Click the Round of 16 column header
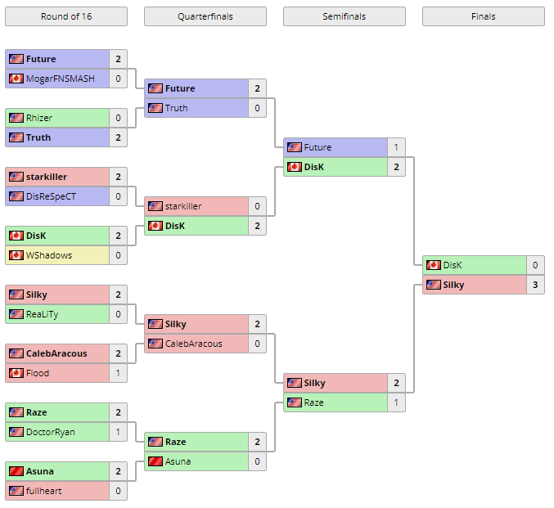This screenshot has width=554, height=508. click(x=66, y=16)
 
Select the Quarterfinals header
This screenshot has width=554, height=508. click(x=205, y=16)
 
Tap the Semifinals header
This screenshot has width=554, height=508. click(x=344, y=16)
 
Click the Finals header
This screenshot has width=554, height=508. click(x=483, y=16)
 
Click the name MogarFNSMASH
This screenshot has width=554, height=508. click(x=60, y=79)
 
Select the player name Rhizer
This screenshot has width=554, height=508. click(x=38, y=118)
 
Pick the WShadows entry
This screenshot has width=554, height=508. click(x=48, y=255)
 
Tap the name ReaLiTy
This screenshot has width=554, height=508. click(x=43, y=314)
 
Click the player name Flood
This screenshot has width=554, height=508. click(x=38, y=373)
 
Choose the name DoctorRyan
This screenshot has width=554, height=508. click(x=50, y=432)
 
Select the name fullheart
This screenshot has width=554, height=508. click(x=43, y=491)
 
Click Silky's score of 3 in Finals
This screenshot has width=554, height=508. click(x=535, y=285)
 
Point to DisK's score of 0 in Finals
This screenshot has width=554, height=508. click(x=535, y=265)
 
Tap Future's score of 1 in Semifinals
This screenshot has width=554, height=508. click(x=396, y=147)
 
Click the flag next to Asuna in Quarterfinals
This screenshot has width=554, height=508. click(x=155, y=461)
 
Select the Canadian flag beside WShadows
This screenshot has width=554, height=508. click(x=16, y=255)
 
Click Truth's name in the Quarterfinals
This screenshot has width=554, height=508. click(x=176, y=108)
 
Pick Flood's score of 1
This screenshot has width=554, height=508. click(x=118, y=373)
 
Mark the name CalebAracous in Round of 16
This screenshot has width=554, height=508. click(x=56, y=353)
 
